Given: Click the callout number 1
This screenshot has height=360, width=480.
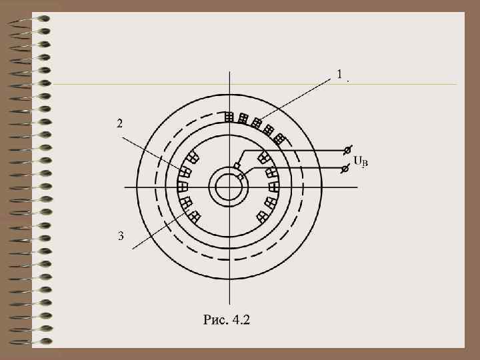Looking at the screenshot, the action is pos(339,74).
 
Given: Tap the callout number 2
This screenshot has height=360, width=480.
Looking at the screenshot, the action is pos(120,123).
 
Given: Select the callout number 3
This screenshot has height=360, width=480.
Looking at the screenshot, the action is pos(121,236).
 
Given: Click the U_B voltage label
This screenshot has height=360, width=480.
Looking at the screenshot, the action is pos(361,161).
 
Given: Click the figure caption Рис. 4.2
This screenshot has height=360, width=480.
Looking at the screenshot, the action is pos(227,319).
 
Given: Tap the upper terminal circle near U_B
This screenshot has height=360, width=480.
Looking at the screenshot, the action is pos(347,150).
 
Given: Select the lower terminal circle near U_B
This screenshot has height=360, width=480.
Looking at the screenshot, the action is pos(345,169).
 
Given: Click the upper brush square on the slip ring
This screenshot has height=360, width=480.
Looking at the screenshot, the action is pos(237,166).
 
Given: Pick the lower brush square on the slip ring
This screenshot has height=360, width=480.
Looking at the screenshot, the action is pos(241,177).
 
